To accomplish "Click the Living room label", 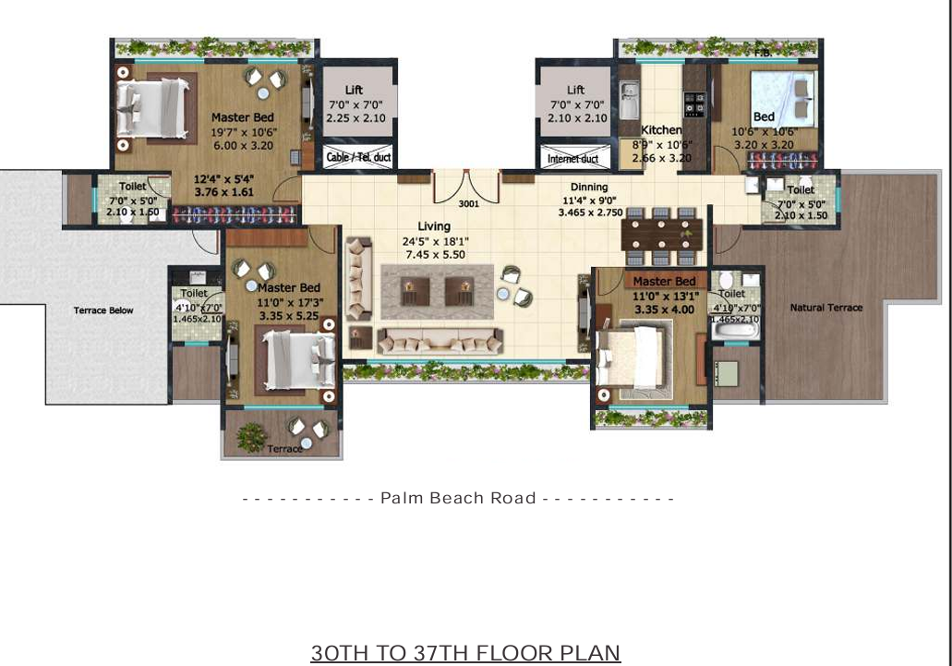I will point(433,226).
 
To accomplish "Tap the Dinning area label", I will point(588,187).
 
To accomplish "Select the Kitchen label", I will point(661,130).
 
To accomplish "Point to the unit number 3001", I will point(469,204).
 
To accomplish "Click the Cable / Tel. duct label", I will point(358,158).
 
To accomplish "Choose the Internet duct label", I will point(572,159).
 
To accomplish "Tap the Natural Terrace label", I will point(825,308).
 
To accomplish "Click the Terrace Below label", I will point(103,310).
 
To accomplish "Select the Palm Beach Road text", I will point(458,498).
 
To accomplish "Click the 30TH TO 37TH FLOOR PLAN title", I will point(465,653).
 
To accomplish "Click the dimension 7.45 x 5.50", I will point(433,254).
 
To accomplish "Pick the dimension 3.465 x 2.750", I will point(589,212).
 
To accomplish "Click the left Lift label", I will point(354,90).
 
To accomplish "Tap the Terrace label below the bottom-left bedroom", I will point(284,449).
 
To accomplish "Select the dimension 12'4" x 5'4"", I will point(223,178).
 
